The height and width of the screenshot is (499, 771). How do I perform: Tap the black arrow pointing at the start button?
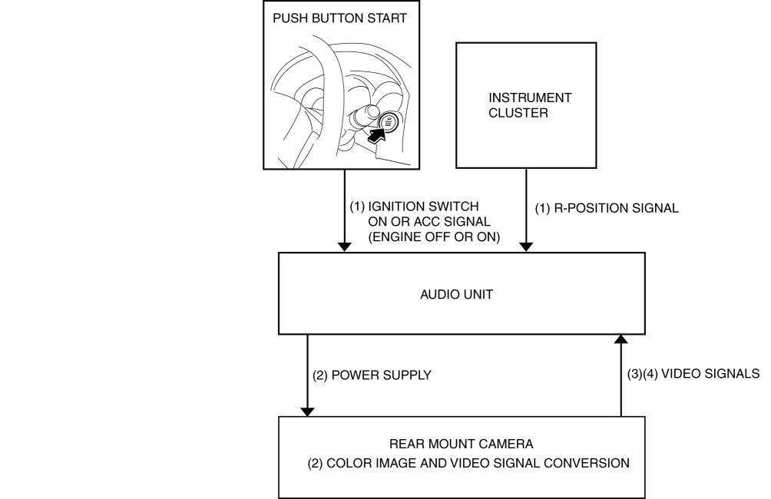[376, 136]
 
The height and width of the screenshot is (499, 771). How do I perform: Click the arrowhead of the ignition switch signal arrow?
[345, 246]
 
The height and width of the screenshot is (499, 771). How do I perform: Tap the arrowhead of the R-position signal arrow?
[526, 246]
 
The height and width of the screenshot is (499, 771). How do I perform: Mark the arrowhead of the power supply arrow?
[308, 411]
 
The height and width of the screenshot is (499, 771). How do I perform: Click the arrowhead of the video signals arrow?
[621, 339]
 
